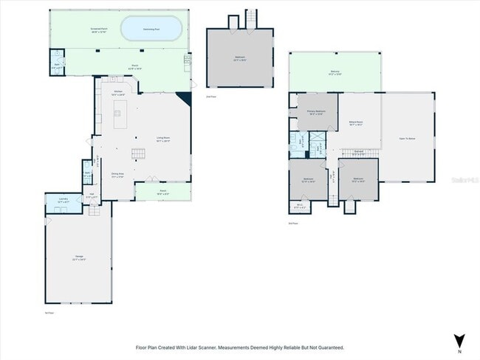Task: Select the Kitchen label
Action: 118,93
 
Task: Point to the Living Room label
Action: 162,138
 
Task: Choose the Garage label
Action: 78,258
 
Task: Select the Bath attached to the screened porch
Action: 58,63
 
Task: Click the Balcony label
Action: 335,72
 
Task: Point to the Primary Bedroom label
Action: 317,113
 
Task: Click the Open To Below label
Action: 408,137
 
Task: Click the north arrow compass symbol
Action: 459,341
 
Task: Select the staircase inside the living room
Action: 138,153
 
